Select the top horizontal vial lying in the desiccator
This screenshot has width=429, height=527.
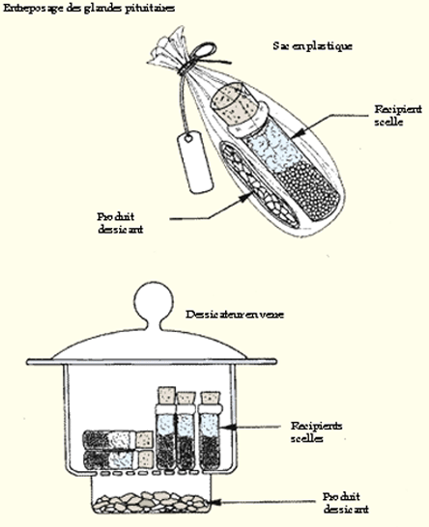point(116,438)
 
